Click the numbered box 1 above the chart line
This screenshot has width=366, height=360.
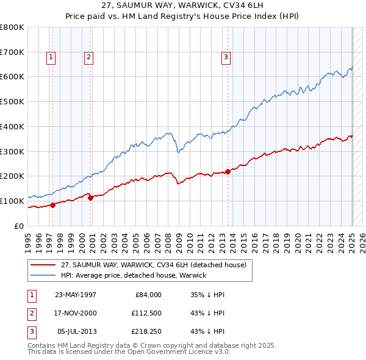50,57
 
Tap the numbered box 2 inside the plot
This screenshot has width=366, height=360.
88,57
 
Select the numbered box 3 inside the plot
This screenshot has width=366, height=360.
226,57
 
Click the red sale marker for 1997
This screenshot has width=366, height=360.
52,205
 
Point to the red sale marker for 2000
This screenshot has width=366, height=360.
90,198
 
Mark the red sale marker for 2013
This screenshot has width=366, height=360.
228,171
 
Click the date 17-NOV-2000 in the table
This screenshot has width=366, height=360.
76,314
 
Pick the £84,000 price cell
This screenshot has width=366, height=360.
147,295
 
